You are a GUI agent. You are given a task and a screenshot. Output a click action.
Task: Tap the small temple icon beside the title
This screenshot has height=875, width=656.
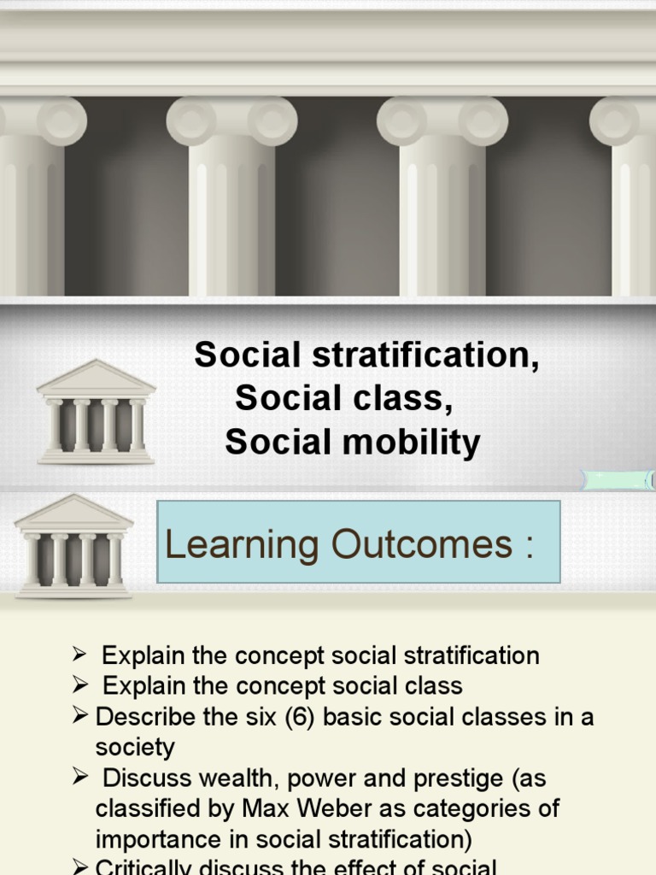click(x=96, y=412)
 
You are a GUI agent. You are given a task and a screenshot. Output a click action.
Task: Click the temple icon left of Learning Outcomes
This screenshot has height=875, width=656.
click(x=74, y=546)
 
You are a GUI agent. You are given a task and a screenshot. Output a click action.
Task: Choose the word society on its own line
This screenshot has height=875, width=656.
click(x=135, y=748)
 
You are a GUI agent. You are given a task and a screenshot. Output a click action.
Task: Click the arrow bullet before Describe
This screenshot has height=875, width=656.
click(x=80, y=717)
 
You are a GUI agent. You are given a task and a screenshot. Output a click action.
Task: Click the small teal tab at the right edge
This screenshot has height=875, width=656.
click(x=618, y=479)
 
